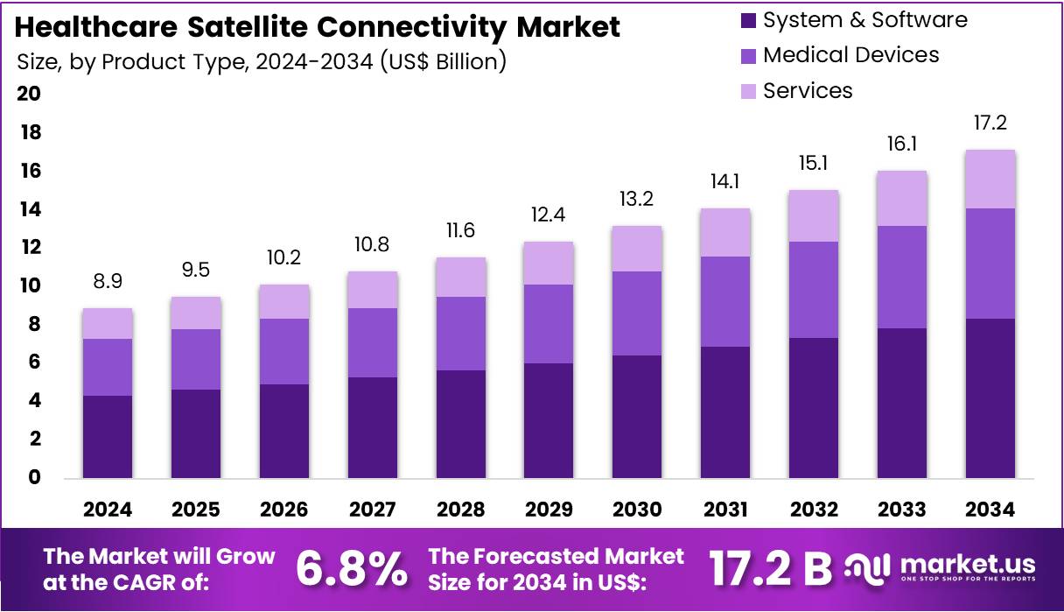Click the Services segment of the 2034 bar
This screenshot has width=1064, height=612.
[990, 179]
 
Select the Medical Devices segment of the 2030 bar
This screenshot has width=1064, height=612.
[637, 313]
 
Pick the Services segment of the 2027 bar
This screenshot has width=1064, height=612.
[372, 290]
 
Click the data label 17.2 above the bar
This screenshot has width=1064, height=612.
[990, 123]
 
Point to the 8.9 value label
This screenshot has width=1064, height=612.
[108, 281]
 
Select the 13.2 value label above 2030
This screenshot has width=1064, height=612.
[637, 199]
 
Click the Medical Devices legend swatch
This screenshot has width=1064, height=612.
[747, 56]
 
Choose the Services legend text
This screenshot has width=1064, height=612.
[807, 91]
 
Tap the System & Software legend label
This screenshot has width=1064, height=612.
[864, 20]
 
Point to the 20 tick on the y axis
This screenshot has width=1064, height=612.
[29, 95]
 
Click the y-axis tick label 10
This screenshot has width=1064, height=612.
[29, 286]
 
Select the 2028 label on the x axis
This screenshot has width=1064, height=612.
[460, 510]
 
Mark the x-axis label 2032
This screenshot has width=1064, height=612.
[814, 510]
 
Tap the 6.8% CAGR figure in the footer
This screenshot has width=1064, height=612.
[351, 569]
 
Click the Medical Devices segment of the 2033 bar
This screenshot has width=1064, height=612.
[902, 278]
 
